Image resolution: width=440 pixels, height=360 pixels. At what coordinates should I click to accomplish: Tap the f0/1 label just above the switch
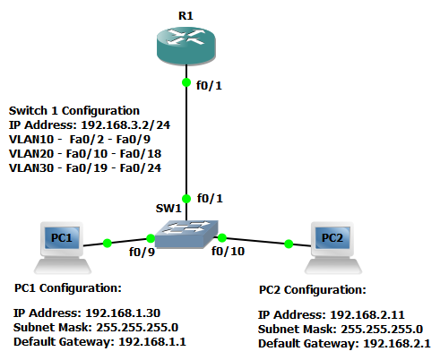[x=211, y=197]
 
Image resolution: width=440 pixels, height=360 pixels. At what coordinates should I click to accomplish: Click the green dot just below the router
[x=186, y=83]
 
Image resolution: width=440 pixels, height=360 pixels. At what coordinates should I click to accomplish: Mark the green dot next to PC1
[x=107, y=242]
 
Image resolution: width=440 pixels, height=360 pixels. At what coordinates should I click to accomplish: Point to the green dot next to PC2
[x=289, y=243]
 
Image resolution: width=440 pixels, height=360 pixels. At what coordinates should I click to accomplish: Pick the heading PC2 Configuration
[x=312, y=290]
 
